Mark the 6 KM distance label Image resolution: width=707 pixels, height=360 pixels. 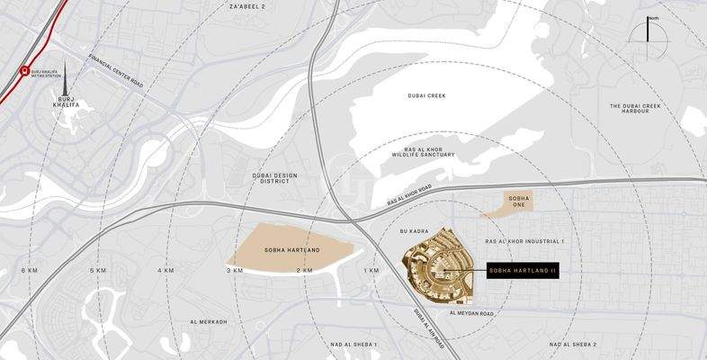[30, 270]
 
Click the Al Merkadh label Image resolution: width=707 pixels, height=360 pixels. [209, 321]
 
